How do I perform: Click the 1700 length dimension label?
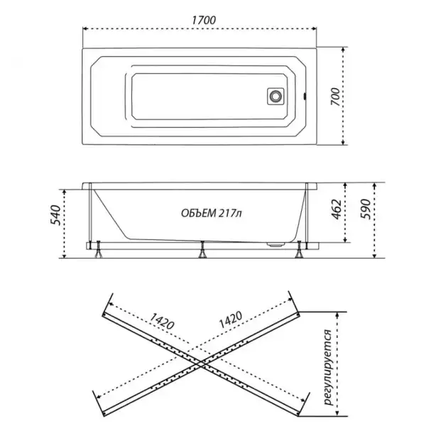pos(204,21)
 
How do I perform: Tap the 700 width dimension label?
pos(335,97)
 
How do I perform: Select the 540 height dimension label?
pos(55,215)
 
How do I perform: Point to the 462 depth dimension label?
pos(337,209)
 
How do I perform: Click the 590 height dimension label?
pos(366,209)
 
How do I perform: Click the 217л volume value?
pos(230,213)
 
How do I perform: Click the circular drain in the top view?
pos(275,96)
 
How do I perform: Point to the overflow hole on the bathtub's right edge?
pos(305,96)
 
